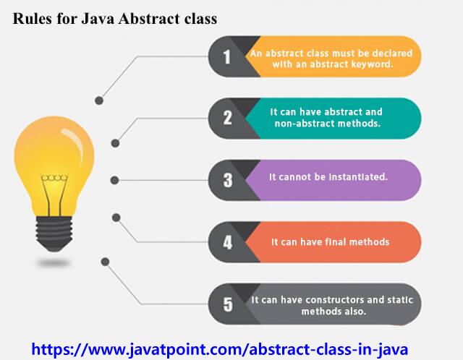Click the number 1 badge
point(226,56)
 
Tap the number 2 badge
point(227,118)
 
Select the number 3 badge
point(228,180)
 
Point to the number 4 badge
point(228,242)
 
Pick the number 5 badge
point(228,304)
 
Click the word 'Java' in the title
point(98,19)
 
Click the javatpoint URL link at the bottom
point(220,349)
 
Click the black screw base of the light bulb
point(54,233)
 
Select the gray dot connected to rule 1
point(99,100)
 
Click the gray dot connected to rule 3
point(114,180)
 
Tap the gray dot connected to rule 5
point(105,262)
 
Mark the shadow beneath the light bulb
point(54,262)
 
